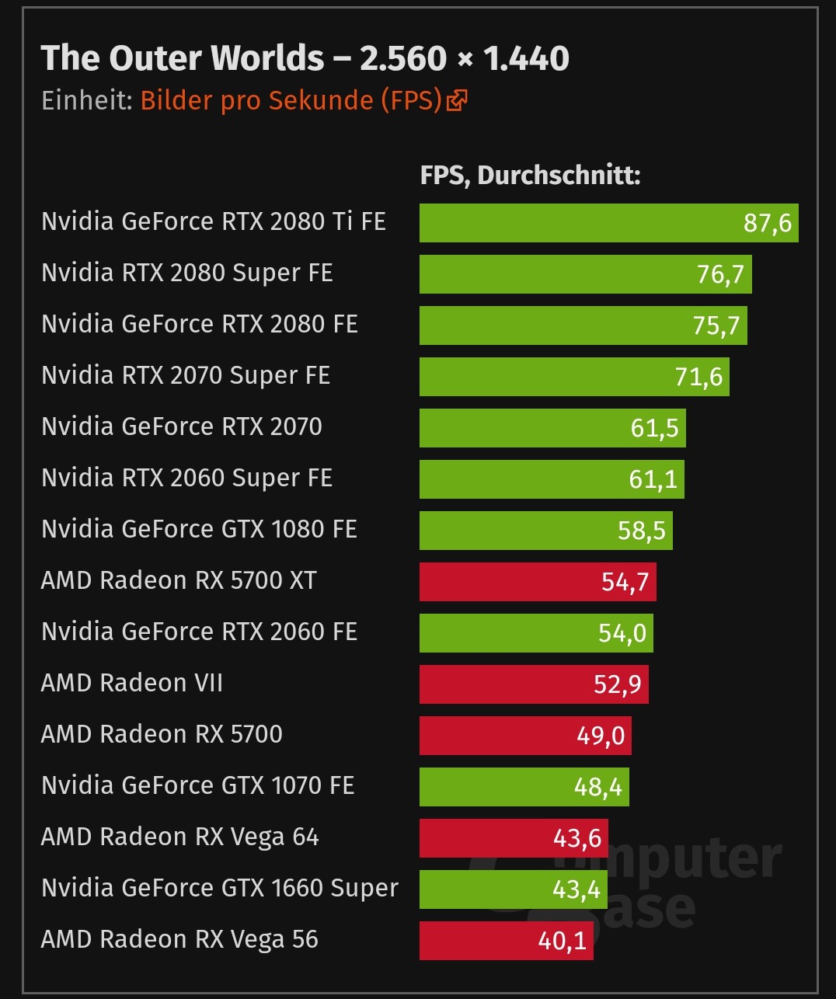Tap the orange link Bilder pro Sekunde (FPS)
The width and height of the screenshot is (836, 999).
click(291, 100)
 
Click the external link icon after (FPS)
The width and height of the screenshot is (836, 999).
click(457, 100)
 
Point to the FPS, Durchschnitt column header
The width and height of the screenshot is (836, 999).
click(530, 176)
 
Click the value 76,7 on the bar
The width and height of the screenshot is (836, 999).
click(720, 274)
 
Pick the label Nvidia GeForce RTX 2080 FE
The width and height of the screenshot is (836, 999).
click(200, 324)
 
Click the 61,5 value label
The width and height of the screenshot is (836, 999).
click(654, 428)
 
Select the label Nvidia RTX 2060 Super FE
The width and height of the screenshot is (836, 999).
click(186, 478)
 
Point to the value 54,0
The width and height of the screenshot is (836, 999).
click(622, 633)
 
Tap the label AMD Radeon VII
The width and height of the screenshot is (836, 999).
click(132, 683)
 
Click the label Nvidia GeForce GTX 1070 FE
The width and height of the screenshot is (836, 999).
click(198, 785)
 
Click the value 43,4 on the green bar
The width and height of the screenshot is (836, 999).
click(576, 889)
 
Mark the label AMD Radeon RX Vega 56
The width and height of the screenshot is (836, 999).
click(179, 939)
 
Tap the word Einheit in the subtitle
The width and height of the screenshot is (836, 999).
click(86, 100)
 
